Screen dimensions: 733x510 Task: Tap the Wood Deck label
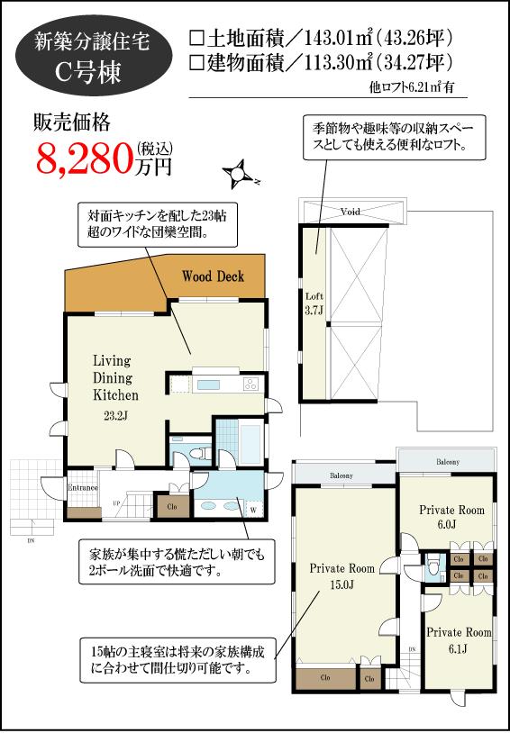click(x=213, y=276)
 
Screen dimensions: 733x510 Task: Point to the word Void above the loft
click(x=351, y=212)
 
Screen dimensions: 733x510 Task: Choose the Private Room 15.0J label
click(x=342, y=576)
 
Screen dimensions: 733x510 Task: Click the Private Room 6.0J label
click(x=451, y=517)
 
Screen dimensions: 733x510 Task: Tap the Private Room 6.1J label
click(x=459, y=640)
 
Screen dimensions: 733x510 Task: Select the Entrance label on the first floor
click(x=82, y=489)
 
